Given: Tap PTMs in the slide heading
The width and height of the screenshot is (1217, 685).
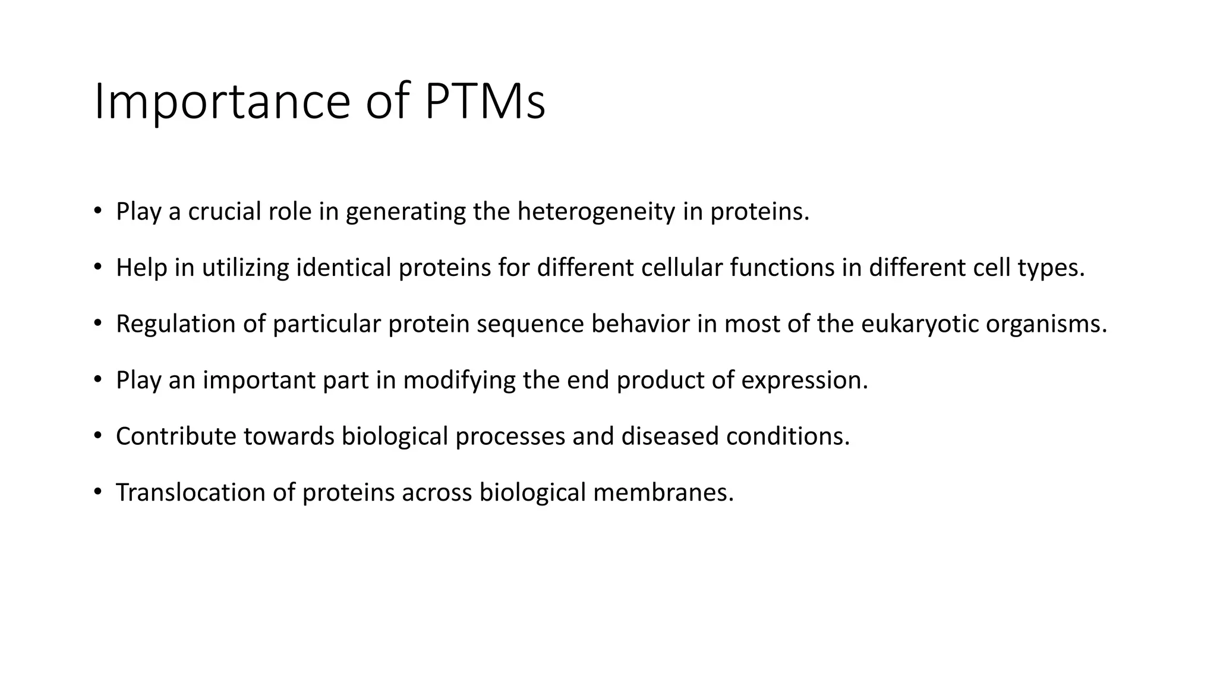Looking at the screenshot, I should [484, 102].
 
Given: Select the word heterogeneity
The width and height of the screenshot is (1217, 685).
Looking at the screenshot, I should [596, 212].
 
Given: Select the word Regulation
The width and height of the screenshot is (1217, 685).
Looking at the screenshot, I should [175, 324].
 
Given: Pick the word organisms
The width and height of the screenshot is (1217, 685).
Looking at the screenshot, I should [1046, 325].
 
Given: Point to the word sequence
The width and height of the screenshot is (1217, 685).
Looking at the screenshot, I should [530, 325].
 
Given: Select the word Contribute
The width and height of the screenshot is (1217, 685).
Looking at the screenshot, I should [176, 436].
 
